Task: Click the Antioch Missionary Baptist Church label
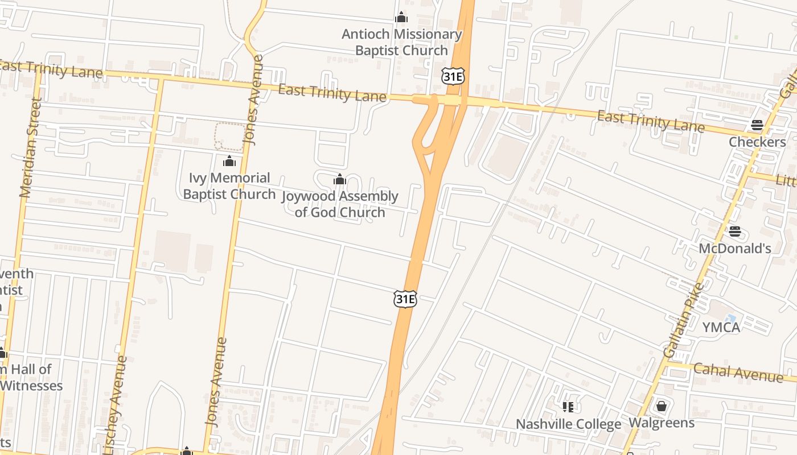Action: pyautogui.click(x=401, y=42)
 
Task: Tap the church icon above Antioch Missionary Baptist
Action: pyautogui.click(x=401, y=18)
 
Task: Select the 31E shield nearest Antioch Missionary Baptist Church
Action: pyautogui.click(x=453, y=76)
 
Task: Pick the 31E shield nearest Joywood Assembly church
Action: pyautogui.click(x=405, y=299)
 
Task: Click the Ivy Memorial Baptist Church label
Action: pyautogui.click(x=229, y=186)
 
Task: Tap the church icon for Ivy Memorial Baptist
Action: pyautogui.click(x=229, y=162)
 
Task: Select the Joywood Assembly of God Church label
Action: pyautogui.click(x=340, y=204)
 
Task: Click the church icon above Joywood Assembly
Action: pyautogui.click(x=340, y=180)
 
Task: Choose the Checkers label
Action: pyautogui.click(x=757, y=142)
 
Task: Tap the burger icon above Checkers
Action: pyautogui.click(x=757, y=125)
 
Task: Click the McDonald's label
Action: pyautogui.click(x=735, y=249)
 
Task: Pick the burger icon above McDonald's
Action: pyautogui.click(x=735, y=231)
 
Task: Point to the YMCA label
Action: pyautogui.click(x=721, y=327)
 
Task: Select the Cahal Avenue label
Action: pyautogui.click(x=738, y=372)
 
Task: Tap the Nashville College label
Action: pyautogui.click(x=568, y=424)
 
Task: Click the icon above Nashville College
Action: pyautogui.click(x=568, y=407)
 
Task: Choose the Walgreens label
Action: pyautogui.click(x=662, y=423)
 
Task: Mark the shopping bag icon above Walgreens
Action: pyautogui.click(x=662, y=406)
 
